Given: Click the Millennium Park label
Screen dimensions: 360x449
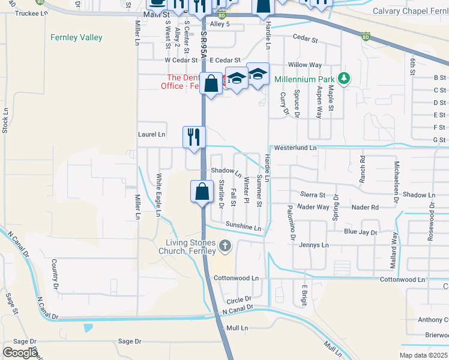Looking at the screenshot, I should [x=304, y=79].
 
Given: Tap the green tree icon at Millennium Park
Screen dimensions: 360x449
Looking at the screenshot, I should [x=343, y=79].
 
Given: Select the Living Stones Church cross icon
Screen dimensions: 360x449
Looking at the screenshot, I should [x=225, y=245].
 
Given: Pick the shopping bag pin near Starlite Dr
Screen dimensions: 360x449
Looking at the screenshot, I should [x=203, y=192].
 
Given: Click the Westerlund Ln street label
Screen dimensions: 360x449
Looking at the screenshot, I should [x=295, y=148].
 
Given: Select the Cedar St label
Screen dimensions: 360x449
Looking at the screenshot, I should [x=305, y=38].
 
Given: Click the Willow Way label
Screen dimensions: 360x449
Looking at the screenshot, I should [x=305, y=65].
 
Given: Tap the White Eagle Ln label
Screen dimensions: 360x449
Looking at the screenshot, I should [x=159, y=194].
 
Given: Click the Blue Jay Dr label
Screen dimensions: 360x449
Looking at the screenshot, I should [x=360, y=232].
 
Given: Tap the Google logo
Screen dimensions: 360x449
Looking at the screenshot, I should [x=19, y=352].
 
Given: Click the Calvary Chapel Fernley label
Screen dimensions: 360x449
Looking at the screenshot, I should [x=410, y=11].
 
